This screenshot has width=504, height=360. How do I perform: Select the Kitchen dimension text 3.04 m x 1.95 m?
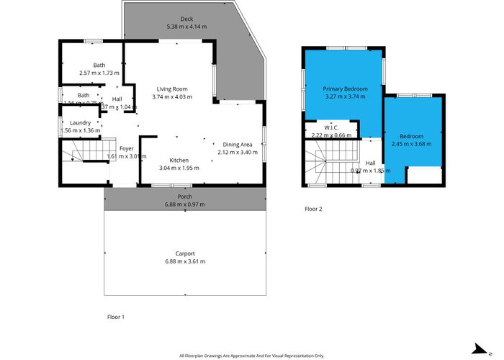point(179,168)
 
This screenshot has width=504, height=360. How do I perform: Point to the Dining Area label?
point(237,145)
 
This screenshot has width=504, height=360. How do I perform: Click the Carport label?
point(185,253)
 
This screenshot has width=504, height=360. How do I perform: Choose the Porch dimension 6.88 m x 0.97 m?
point(185,204)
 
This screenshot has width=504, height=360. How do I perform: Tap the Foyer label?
point(127,148)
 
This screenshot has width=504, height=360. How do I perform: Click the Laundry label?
point(81,122)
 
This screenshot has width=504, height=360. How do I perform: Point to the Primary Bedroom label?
point(346,89)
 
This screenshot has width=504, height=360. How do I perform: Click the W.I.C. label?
point(332,127)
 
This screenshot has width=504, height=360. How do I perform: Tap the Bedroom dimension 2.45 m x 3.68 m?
point(412,143)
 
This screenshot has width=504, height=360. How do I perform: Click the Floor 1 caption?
point(116,316)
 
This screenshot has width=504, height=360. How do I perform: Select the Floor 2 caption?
point(313,208)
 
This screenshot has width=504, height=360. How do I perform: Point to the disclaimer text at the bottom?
point(251,356)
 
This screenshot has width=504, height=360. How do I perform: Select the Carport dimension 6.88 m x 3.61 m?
point(185,261)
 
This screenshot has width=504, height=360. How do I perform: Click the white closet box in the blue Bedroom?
point(423,175)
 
